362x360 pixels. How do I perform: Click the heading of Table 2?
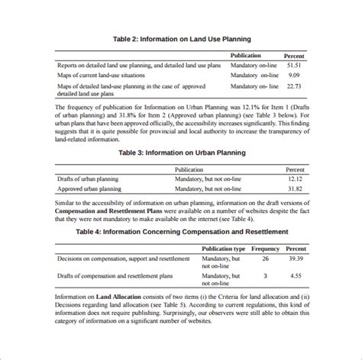point(182,39)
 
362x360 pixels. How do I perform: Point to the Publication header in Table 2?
point(245,56)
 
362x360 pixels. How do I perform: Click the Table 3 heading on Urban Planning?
point(182,153)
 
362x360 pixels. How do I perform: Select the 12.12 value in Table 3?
point(295,178)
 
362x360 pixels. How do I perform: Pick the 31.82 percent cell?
point(295,188)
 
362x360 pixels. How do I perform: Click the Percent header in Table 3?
point(296,169)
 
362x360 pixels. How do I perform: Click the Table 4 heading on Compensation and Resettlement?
point(182,230)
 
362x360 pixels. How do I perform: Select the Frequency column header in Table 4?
point(266,249)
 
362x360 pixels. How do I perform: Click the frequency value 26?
point(265,259)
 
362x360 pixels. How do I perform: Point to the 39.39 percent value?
point(297,259)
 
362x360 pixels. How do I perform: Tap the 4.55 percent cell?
point(297,276)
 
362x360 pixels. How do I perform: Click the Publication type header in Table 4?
point(223,249)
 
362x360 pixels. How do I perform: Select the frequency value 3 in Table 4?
point(265,276)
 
